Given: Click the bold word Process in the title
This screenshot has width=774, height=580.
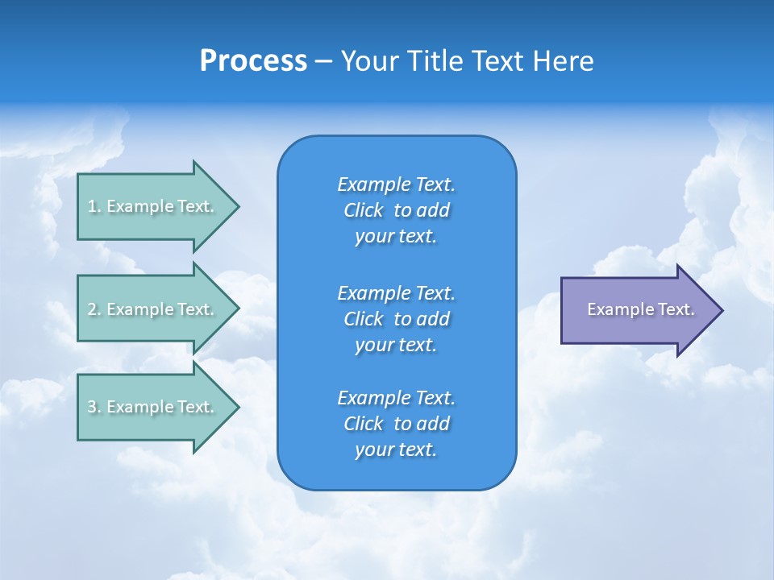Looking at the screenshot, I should [253, 61].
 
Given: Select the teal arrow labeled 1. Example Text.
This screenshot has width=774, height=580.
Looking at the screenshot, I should [153, 206].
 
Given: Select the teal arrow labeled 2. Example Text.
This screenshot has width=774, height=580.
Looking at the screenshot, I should [153, 309].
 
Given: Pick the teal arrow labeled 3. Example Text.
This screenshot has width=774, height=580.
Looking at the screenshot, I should [153, 407].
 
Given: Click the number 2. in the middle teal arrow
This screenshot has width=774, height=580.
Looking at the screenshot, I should [94, 309].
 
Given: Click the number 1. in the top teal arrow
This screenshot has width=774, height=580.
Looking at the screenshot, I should [94, 206].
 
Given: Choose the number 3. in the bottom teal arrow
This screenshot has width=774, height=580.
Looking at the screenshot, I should [94, 407].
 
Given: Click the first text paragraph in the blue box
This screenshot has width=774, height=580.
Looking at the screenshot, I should [396, 210].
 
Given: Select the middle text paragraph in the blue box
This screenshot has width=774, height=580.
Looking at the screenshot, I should [396, 318].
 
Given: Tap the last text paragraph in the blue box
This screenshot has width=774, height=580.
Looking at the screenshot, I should [396, 424].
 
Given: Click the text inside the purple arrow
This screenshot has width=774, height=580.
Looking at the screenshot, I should [640, 309].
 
